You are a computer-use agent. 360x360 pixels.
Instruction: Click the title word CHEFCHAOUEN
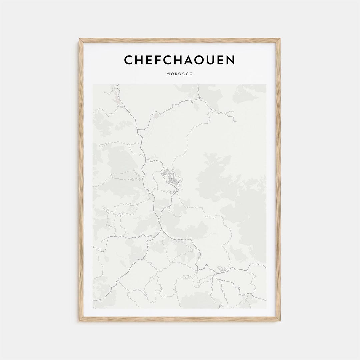click(x=180, y=60)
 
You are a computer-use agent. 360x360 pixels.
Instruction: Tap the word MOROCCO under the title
click(x=180, y=74)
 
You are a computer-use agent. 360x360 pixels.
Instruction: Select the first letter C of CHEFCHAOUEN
click(x=129, y=60)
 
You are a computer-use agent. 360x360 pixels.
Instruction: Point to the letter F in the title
click(x=159, y=60)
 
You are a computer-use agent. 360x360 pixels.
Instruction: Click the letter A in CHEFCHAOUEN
click(x=190, y=60)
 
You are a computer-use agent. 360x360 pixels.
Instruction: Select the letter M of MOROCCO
click(x=168, y=74)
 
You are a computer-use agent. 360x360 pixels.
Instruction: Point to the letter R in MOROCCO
click(x=176, y=74)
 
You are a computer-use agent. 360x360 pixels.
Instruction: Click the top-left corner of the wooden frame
click(x=80, y=39)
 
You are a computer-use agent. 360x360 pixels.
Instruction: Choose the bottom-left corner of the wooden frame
click(x=80, y=320)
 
